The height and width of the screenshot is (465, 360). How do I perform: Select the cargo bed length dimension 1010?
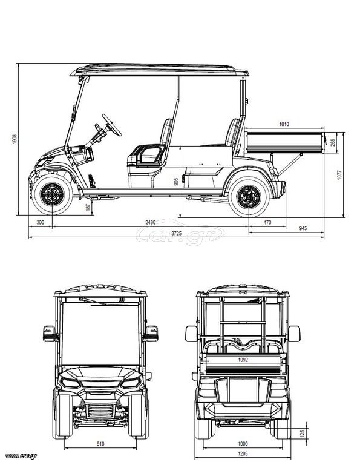(284, 124)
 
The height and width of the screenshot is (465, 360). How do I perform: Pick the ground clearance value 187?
(88, 206)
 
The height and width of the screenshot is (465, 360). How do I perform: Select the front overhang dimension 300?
(40, 223)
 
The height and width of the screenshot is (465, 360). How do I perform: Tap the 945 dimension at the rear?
(303, 228)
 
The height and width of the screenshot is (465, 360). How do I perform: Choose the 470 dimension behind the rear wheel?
(267, 223)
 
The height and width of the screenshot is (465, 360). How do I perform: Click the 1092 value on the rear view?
(243, 360)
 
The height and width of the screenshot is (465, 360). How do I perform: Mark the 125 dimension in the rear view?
(302, 434)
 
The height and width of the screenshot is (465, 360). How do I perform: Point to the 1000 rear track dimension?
(243, 444)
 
